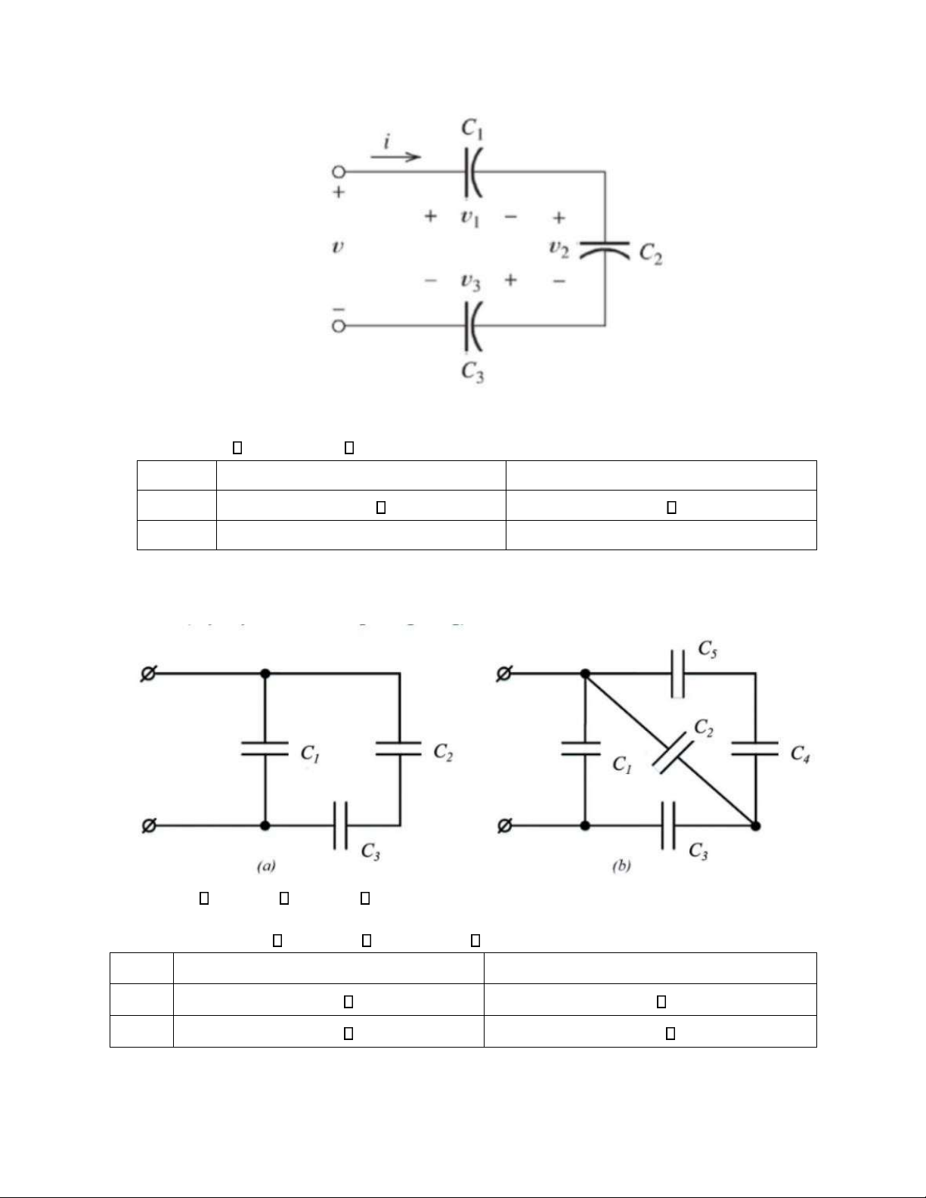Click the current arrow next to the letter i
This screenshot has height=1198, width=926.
395,156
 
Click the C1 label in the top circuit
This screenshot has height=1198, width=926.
473,129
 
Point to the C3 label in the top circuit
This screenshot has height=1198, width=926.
473,372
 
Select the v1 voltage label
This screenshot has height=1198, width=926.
470,218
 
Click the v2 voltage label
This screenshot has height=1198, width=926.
559,248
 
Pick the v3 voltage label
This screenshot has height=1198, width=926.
470,282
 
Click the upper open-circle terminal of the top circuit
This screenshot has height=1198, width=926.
339,172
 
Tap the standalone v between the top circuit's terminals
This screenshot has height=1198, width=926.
338,246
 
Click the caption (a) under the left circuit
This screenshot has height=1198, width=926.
265,867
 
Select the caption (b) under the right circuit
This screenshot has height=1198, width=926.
621,867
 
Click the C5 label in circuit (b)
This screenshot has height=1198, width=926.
708,649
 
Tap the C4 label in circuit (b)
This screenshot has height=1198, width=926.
801,754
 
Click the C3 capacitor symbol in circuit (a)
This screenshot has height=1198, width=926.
340,825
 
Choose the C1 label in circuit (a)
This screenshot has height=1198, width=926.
310,754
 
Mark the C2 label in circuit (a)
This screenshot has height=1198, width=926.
443,752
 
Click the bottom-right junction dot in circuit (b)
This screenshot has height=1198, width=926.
755,825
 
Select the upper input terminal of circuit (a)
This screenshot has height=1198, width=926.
149,673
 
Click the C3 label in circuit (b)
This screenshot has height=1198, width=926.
698,851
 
